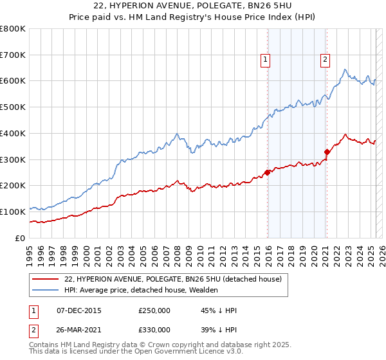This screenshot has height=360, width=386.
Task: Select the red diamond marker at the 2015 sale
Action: tap(267, 172)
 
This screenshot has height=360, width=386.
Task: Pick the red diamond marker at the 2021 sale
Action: tap(327, 152)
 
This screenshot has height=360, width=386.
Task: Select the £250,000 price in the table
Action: tap(154, 310)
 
